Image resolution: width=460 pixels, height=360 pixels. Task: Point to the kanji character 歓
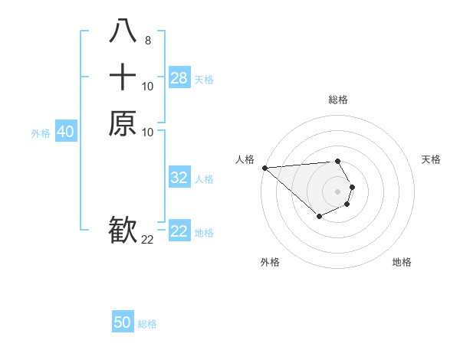(x=123, y=229)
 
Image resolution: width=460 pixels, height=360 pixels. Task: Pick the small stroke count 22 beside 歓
(x=147, y=239)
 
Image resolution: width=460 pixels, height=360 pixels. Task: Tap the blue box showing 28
(x=179, y=78)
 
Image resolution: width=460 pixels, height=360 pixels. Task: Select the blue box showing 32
(x=179, y=178)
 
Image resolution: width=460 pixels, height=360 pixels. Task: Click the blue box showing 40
(x=65, y=132)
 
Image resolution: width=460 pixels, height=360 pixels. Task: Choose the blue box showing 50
(x=123, y=322)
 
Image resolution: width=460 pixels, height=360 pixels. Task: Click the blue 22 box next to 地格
(x=179, y=232)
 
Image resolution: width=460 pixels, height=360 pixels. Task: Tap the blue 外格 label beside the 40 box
(x=41, y=133)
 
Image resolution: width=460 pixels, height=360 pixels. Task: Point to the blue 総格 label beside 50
(x=147, y=323)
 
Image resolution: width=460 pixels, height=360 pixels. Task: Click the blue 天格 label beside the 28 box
(x=204, y=79)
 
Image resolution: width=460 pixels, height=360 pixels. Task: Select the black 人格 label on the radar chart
(x=245, y=159)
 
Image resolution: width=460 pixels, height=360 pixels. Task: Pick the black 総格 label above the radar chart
(x=338, y=100)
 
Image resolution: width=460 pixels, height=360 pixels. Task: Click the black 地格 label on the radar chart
(x=402, y=262)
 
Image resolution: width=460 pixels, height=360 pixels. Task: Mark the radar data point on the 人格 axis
(x=264, y=168)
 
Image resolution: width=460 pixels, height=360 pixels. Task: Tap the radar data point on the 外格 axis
(x=319, y=218)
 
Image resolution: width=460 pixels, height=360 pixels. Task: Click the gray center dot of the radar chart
(x=338, y=191)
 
